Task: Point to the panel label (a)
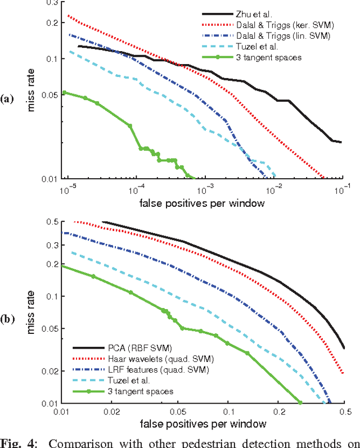pyautogui.click(x=7, y=99)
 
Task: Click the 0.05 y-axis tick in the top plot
pyautogui.click(x=49, y=95)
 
